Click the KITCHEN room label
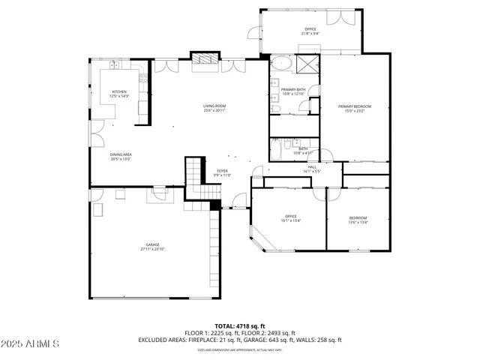(x=119, y=94)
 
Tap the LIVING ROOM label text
(x=214, y=108)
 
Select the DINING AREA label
(x=121, y=156)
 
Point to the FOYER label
(x=223, y=172)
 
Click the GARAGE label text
(x=152, y=246)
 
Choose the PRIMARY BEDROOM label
(x=354, y=108)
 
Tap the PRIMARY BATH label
(x=293, y=91)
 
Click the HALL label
(x=312, y=169)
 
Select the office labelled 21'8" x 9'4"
(x=310, y=31)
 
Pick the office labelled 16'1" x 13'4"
(x=290, y=218)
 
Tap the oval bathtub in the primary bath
(x=283, y=63)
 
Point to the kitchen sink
(x=116, y=66)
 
